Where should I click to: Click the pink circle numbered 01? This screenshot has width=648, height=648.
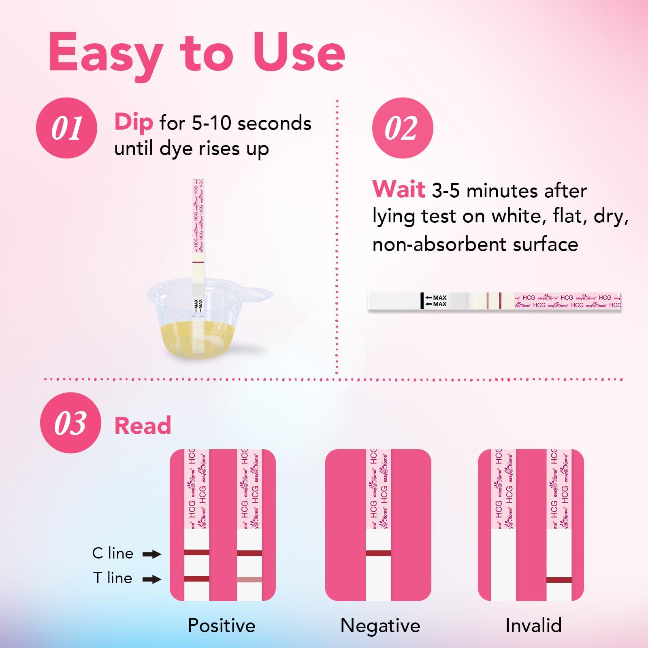(x=66, y=128)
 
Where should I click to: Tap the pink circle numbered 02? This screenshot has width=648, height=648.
(x=402, y=128)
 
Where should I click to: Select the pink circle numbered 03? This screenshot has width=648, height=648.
(x=70, y=423)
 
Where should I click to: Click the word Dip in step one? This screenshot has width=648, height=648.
(x=134, y=122)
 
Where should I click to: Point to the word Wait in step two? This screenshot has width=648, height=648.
(x=399, y=190)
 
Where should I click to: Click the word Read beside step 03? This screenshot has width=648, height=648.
(x=143, y=426)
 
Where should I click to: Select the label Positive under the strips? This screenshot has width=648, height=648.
(x=222, y=625)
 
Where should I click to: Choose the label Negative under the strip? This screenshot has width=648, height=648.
(x=380, y=625)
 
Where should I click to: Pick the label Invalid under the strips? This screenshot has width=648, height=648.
(x=533, y=625)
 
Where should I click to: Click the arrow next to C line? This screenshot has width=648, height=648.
(x=152, y=554)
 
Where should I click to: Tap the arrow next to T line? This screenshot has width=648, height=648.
(x=152, y=579)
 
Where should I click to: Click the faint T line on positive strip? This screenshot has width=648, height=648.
(x=249, y=580)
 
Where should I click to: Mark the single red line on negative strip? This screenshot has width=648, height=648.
(x=378, y=553)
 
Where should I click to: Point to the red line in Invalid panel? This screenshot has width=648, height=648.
(x=559, y=580)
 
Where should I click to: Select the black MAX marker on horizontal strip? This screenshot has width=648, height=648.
(x=422, y=301)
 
